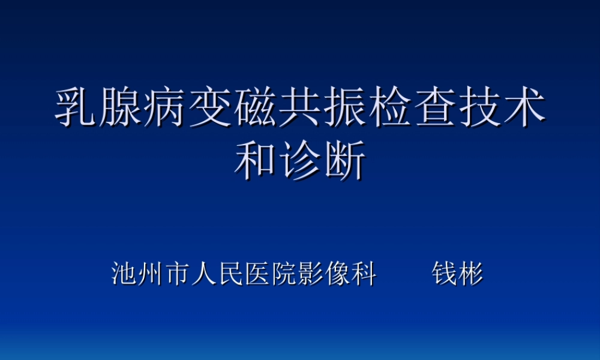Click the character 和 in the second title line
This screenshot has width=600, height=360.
[256, 161]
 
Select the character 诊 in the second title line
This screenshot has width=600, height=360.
[300, 161]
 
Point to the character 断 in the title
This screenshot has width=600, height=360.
[344, 161]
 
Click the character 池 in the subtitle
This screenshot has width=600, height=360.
[124, 274]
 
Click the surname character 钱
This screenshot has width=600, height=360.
[445, 274]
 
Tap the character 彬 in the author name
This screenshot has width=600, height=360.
[471, 274]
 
